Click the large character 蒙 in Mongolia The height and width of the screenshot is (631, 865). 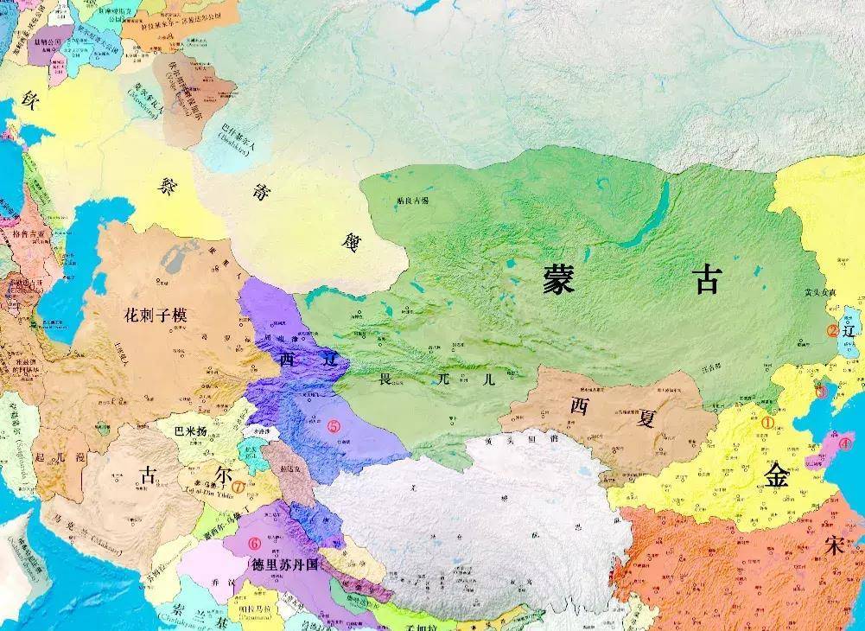coord(559,278)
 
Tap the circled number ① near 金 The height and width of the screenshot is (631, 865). coord(767,424)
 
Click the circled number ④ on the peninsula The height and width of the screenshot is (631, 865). coord(845,443)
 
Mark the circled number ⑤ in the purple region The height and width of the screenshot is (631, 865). coord(334,425)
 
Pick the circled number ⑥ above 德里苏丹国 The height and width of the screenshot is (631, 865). coord(254,544)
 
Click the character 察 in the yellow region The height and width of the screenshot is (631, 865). coord(168,184)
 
